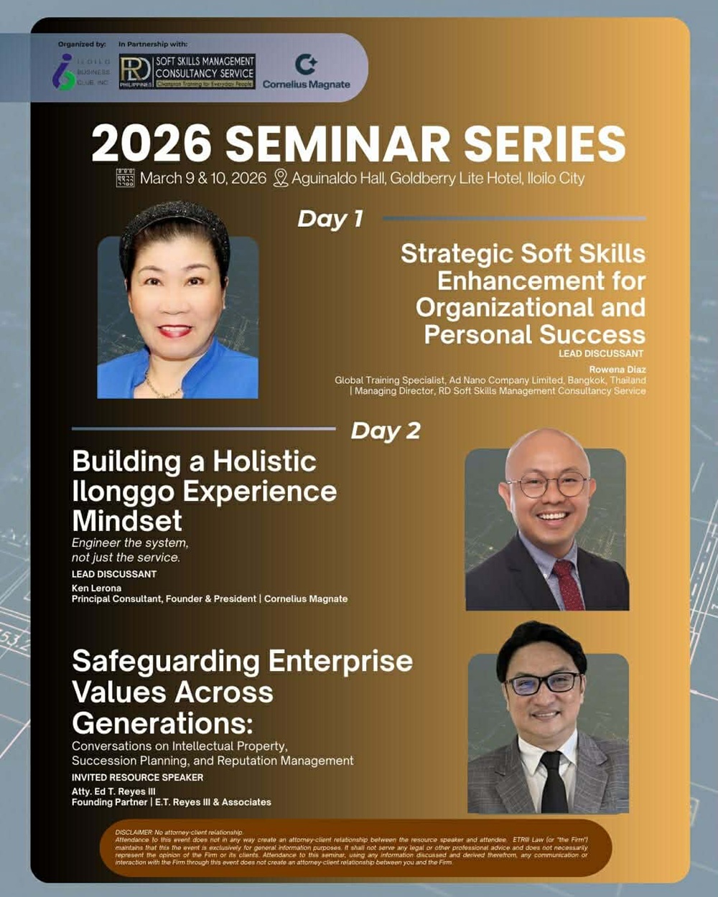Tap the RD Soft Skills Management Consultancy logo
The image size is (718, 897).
coord(187,72)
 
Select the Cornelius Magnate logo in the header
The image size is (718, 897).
coord(306,72)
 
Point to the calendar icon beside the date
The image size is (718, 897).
coord(125,178)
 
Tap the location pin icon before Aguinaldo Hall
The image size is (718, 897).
coord(281,178)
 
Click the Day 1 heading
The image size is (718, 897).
coord(330,219)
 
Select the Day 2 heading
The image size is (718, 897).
coord(386,431)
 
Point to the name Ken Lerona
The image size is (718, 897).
coord(96,588)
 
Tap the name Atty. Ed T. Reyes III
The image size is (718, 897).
coord(113,792)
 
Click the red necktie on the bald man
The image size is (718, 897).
coord(568,585)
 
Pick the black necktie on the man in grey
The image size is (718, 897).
coord(554,782)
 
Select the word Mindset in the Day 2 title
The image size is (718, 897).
coord(127,520)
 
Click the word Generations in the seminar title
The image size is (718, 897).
coord(162,723)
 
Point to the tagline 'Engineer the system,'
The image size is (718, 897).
coord(130,543)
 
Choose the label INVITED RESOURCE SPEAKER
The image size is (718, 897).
coord(137,777)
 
